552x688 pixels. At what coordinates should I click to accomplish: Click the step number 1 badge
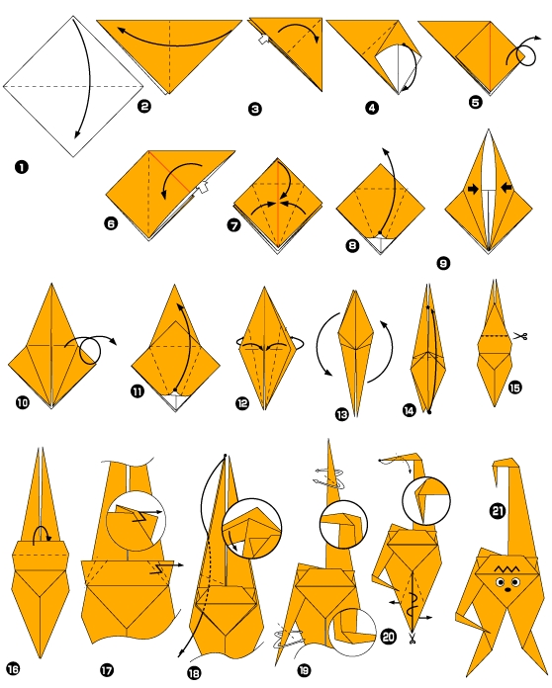pos(21,167)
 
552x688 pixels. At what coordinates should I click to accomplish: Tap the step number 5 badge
pos(477,102)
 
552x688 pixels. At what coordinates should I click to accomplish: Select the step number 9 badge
pos(442,263)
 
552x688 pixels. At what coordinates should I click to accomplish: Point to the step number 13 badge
pos(342,416)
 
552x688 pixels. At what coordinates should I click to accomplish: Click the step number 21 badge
pos(498,511)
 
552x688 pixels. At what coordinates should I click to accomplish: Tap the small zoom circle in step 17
pos(134,519)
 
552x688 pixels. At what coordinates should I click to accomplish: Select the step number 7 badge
pos(233,225)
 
